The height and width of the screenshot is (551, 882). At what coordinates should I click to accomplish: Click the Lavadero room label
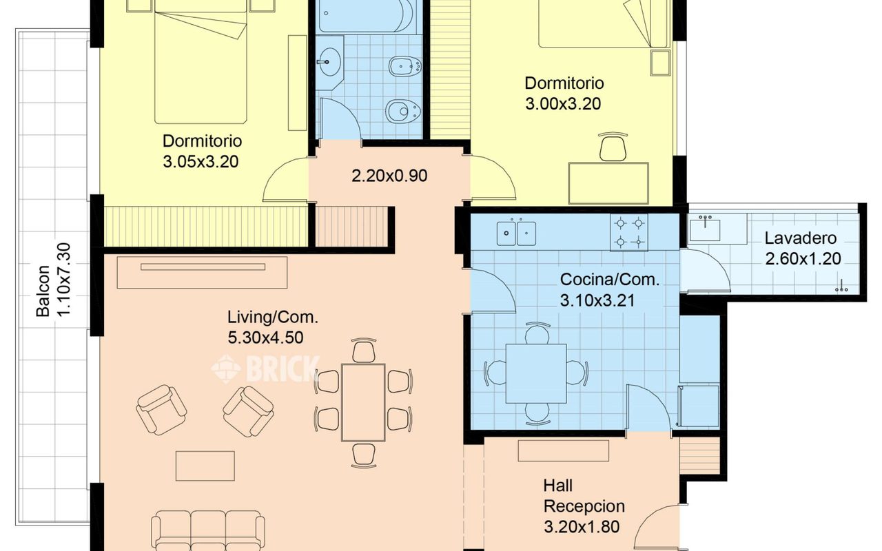point(801,238)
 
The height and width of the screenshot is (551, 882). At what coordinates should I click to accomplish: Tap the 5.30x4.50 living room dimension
point(265,337)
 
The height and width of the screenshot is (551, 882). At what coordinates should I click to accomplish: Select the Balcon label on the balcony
point(43,291)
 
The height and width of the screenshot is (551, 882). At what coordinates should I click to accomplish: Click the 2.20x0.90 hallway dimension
point(389,176)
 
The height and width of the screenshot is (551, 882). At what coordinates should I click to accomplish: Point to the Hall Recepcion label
point(584,496)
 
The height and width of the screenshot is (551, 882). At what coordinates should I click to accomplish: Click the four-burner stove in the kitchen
point(629,233)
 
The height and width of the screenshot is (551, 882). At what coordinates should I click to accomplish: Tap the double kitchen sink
point(516,233)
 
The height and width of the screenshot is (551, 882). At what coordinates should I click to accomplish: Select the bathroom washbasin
point(329,62)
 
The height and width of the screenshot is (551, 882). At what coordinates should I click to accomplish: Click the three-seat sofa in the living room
point(208,530)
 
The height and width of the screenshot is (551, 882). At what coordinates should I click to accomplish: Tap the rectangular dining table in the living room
point(363,403)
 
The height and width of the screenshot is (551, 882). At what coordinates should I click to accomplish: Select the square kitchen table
point(536,373)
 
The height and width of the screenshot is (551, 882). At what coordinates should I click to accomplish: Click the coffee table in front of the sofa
point(205,466)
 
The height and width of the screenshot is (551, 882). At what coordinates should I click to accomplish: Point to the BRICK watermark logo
point(265,368)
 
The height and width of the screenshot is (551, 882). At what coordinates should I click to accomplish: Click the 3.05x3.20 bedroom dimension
point(201,162)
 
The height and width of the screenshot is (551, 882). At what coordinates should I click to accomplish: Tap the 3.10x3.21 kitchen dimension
point(597,301)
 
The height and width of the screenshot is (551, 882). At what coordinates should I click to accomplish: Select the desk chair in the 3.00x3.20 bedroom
point(613,147)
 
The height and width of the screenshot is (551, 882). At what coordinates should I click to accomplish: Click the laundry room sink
point(705,229)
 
